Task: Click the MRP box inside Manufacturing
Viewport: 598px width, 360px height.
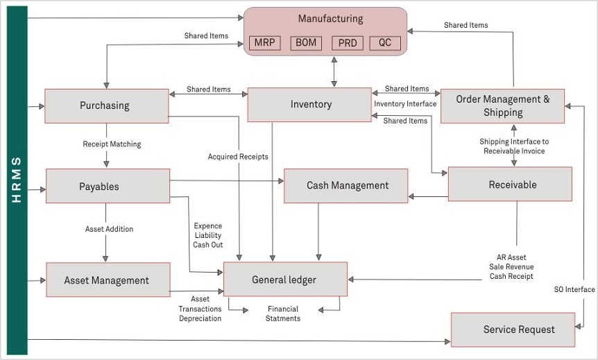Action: click(265, 43)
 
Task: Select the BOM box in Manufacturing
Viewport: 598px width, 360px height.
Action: click(306, 43)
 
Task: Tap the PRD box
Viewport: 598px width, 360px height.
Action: click(348, 43)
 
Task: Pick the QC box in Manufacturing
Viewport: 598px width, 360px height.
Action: click(385, 43)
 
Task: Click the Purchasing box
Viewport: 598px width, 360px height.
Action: click(107, 106)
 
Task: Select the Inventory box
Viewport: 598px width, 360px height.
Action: click(309, 105)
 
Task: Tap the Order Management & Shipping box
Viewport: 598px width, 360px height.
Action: click(502, 106)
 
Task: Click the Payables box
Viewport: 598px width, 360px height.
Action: click(108, 186)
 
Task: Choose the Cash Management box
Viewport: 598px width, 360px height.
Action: click(346, 186)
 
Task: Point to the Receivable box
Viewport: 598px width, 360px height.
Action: click(510, 184)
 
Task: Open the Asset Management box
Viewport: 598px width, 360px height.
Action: click(108, 280)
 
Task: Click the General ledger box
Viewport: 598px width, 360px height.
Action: click(285, 279)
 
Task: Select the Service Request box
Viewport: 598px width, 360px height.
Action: click(513, 330)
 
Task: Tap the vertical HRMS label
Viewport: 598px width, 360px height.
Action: click(17, 180)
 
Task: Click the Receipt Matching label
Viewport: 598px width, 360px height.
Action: click(112, 144)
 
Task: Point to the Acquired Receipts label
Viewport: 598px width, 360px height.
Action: click(238, 156)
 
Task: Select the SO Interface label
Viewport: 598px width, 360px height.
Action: click(574, 289)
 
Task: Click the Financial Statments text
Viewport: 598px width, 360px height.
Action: click(283, 314)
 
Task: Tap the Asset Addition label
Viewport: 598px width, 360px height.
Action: click(109, 229)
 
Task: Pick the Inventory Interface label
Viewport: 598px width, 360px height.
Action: click(405, 104)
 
